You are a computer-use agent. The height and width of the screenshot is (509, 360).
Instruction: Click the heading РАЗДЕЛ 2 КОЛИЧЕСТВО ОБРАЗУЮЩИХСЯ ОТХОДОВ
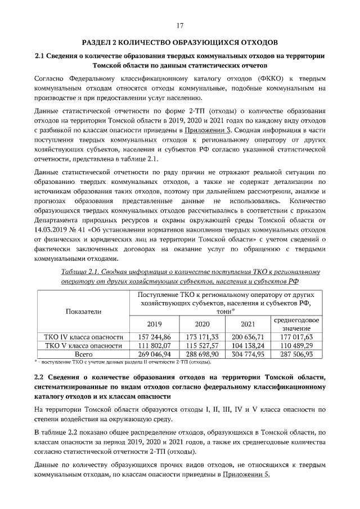pyautogui.click(x=180, y=43)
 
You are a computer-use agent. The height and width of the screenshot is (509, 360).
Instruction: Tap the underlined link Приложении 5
pyautogui.click(x=247, y=475)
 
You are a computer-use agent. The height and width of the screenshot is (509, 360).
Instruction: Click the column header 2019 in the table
pyautogui.click(x=154, y=325)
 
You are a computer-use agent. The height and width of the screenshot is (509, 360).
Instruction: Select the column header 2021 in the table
pyautogui.click(x=247, y=325)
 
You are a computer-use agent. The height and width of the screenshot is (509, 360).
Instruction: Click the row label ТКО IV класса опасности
pyautogui.click(x=84, y=336)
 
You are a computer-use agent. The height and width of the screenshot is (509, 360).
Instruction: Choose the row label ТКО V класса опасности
pyautogui.click(x=84, y=345)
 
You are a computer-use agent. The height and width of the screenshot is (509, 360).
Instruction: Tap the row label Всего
pyautogui.click(x=84, y=354)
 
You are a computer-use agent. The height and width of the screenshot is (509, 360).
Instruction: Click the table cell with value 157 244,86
pyautogui.click(x=154, y=336)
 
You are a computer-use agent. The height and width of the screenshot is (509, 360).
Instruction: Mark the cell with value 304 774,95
pyautogui.click(x=247, y=354)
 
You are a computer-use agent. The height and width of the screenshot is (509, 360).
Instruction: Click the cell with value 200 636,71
pyautogui.click(x=247, y=336)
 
